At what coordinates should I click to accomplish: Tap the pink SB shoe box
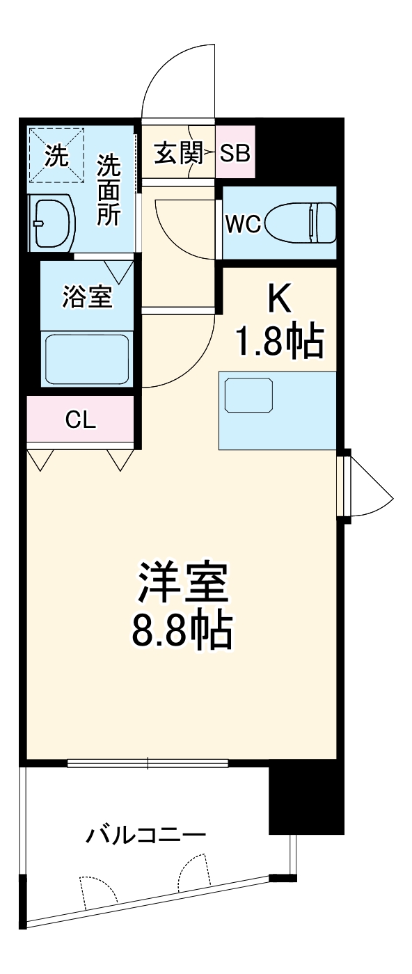click(x=235, y=152)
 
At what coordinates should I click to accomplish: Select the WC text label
click(x=243, y=224)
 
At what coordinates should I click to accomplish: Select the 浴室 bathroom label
click(x=87, y=297)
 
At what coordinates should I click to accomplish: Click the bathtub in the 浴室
click(x=87, y=358)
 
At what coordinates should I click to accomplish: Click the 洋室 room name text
click(x=182, y=583)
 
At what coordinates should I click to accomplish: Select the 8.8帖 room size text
click(x=182, y=630)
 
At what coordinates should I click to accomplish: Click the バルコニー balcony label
click(x=145, y=833)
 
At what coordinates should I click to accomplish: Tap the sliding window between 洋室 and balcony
click(x=148, y=763)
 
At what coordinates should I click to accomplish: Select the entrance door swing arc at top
click(x=178, y=77)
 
